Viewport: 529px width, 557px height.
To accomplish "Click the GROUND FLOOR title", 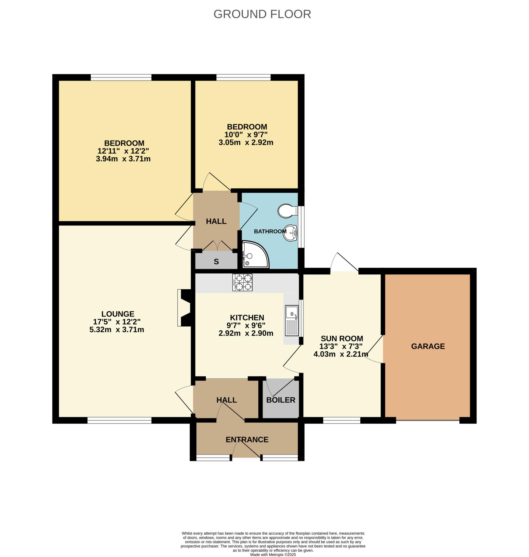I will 262,14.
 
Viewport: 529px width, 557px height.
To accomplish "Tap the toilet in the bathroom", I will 287,211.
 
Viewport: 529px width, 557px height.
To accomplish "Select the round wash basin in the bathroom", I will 290,233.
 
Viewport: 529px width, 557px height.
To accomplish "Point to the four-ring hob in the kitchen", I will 242,283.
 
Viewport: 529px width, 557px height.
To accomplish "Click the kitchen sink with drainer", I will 292,320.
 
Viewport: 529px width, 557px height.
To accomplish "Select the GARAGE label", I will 428,346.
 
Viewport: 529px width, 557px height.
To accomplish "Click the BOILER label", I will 281,400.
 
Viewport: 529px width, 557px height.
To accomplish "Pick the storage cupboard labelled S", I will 216,262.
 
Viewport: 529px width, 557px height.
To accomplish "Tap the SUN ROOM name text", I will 342,338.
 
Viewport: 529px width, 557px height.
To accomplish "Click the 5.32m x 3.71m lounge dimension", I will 117,329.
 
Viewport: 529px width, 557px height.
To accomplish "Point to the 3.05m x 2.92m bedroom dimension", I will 246,143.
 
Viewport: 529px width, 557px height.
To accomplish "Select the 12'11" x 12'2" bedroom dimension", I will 123,151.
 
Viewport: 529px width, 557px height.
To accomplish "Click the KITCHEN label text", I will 247,318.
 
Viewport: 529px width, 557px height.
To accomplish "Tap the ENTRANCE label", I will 247,440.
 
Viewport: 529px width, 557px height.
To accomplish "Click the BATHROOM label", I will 270,231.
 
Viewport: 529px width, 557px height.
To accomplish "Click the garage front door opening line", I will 428,421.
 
